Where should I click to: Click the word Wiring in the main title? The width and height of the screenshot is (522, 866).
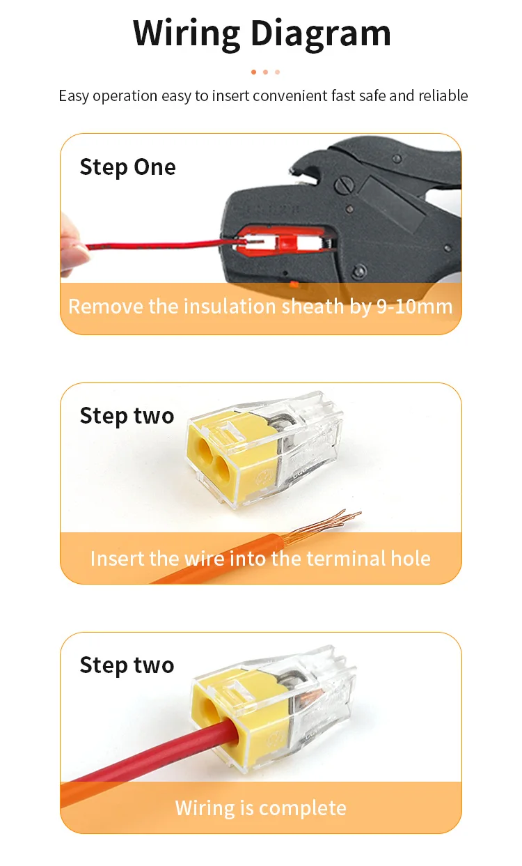coord(186,34)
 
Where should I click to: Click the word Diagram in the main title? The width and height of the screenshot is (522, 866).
coord(321,34)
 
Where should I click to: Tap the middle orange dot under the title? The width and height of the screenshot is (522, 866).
coord(265,72)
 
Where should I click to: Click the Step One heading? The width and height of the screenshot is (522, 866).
coord(127,167)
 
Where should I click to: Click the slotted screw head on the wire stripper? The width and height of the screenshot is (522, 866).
coord(344,185)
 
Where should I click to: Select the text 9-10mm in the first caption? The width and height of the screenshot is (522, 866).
coord(414,307)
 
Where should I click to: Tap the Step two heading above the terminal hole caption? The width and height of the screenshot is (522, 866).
coord(127,416)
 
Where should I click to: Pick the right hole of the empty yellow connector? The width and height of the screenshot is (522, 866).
coord(221,464)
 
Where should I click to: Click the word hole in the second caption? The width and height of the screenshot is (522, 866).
coord(411,558)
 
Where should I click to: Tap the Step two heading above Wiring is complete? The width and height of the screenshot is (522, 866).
coord(127,665)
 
